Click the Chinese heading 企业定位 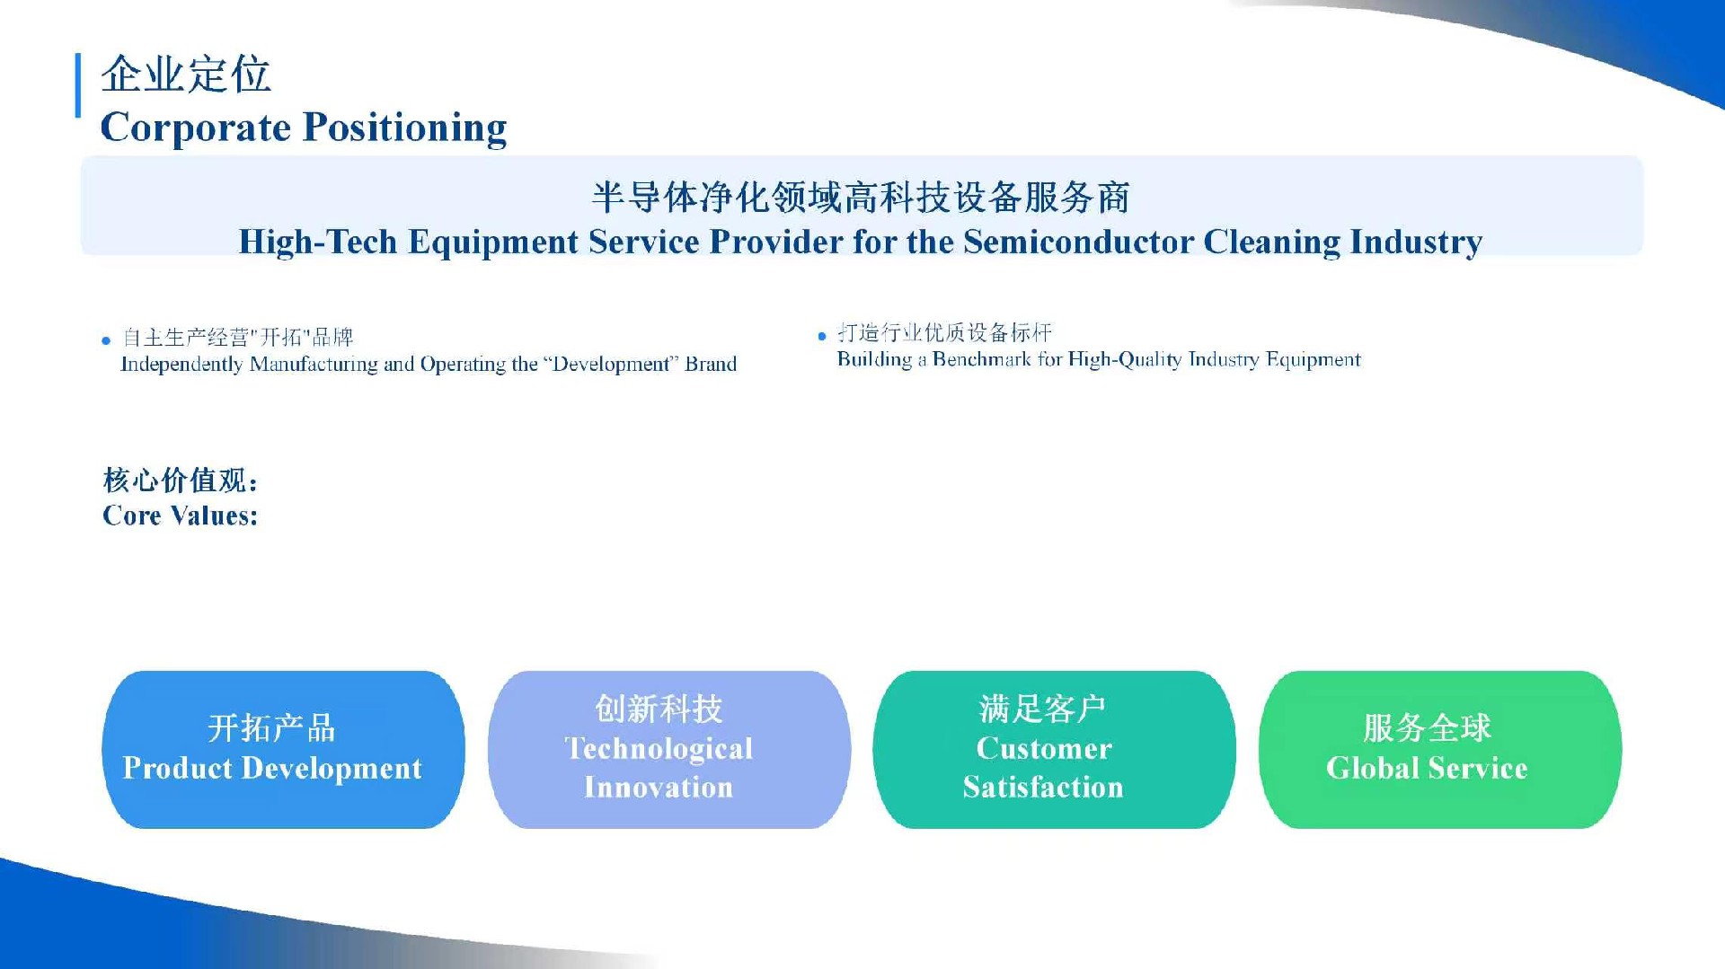click(186, 74)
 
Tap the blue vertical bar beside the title click(78, 85)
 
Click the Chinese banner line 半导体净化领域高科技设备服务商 click(861, 198)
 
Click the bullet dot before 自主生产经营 click(106, 340)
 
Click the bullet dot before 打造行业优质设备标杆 click(822, 337)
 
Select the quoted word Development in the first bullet click(611, 364)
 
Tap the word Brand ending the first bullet click(711, 364)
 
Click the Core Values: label click(181, 515)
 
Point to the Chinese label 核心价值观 click(177, 480)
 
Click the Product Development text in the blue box click(272, 768)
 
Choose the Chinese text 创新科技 click(659, 709)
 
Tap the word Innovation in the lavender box click(659, 788)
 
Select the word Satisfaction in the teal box click(1043, 788)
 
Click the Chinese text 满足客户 click(1042, 709)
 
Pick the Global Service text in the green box click(1427, 768)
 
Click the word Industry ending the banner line click(1416, 242)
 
